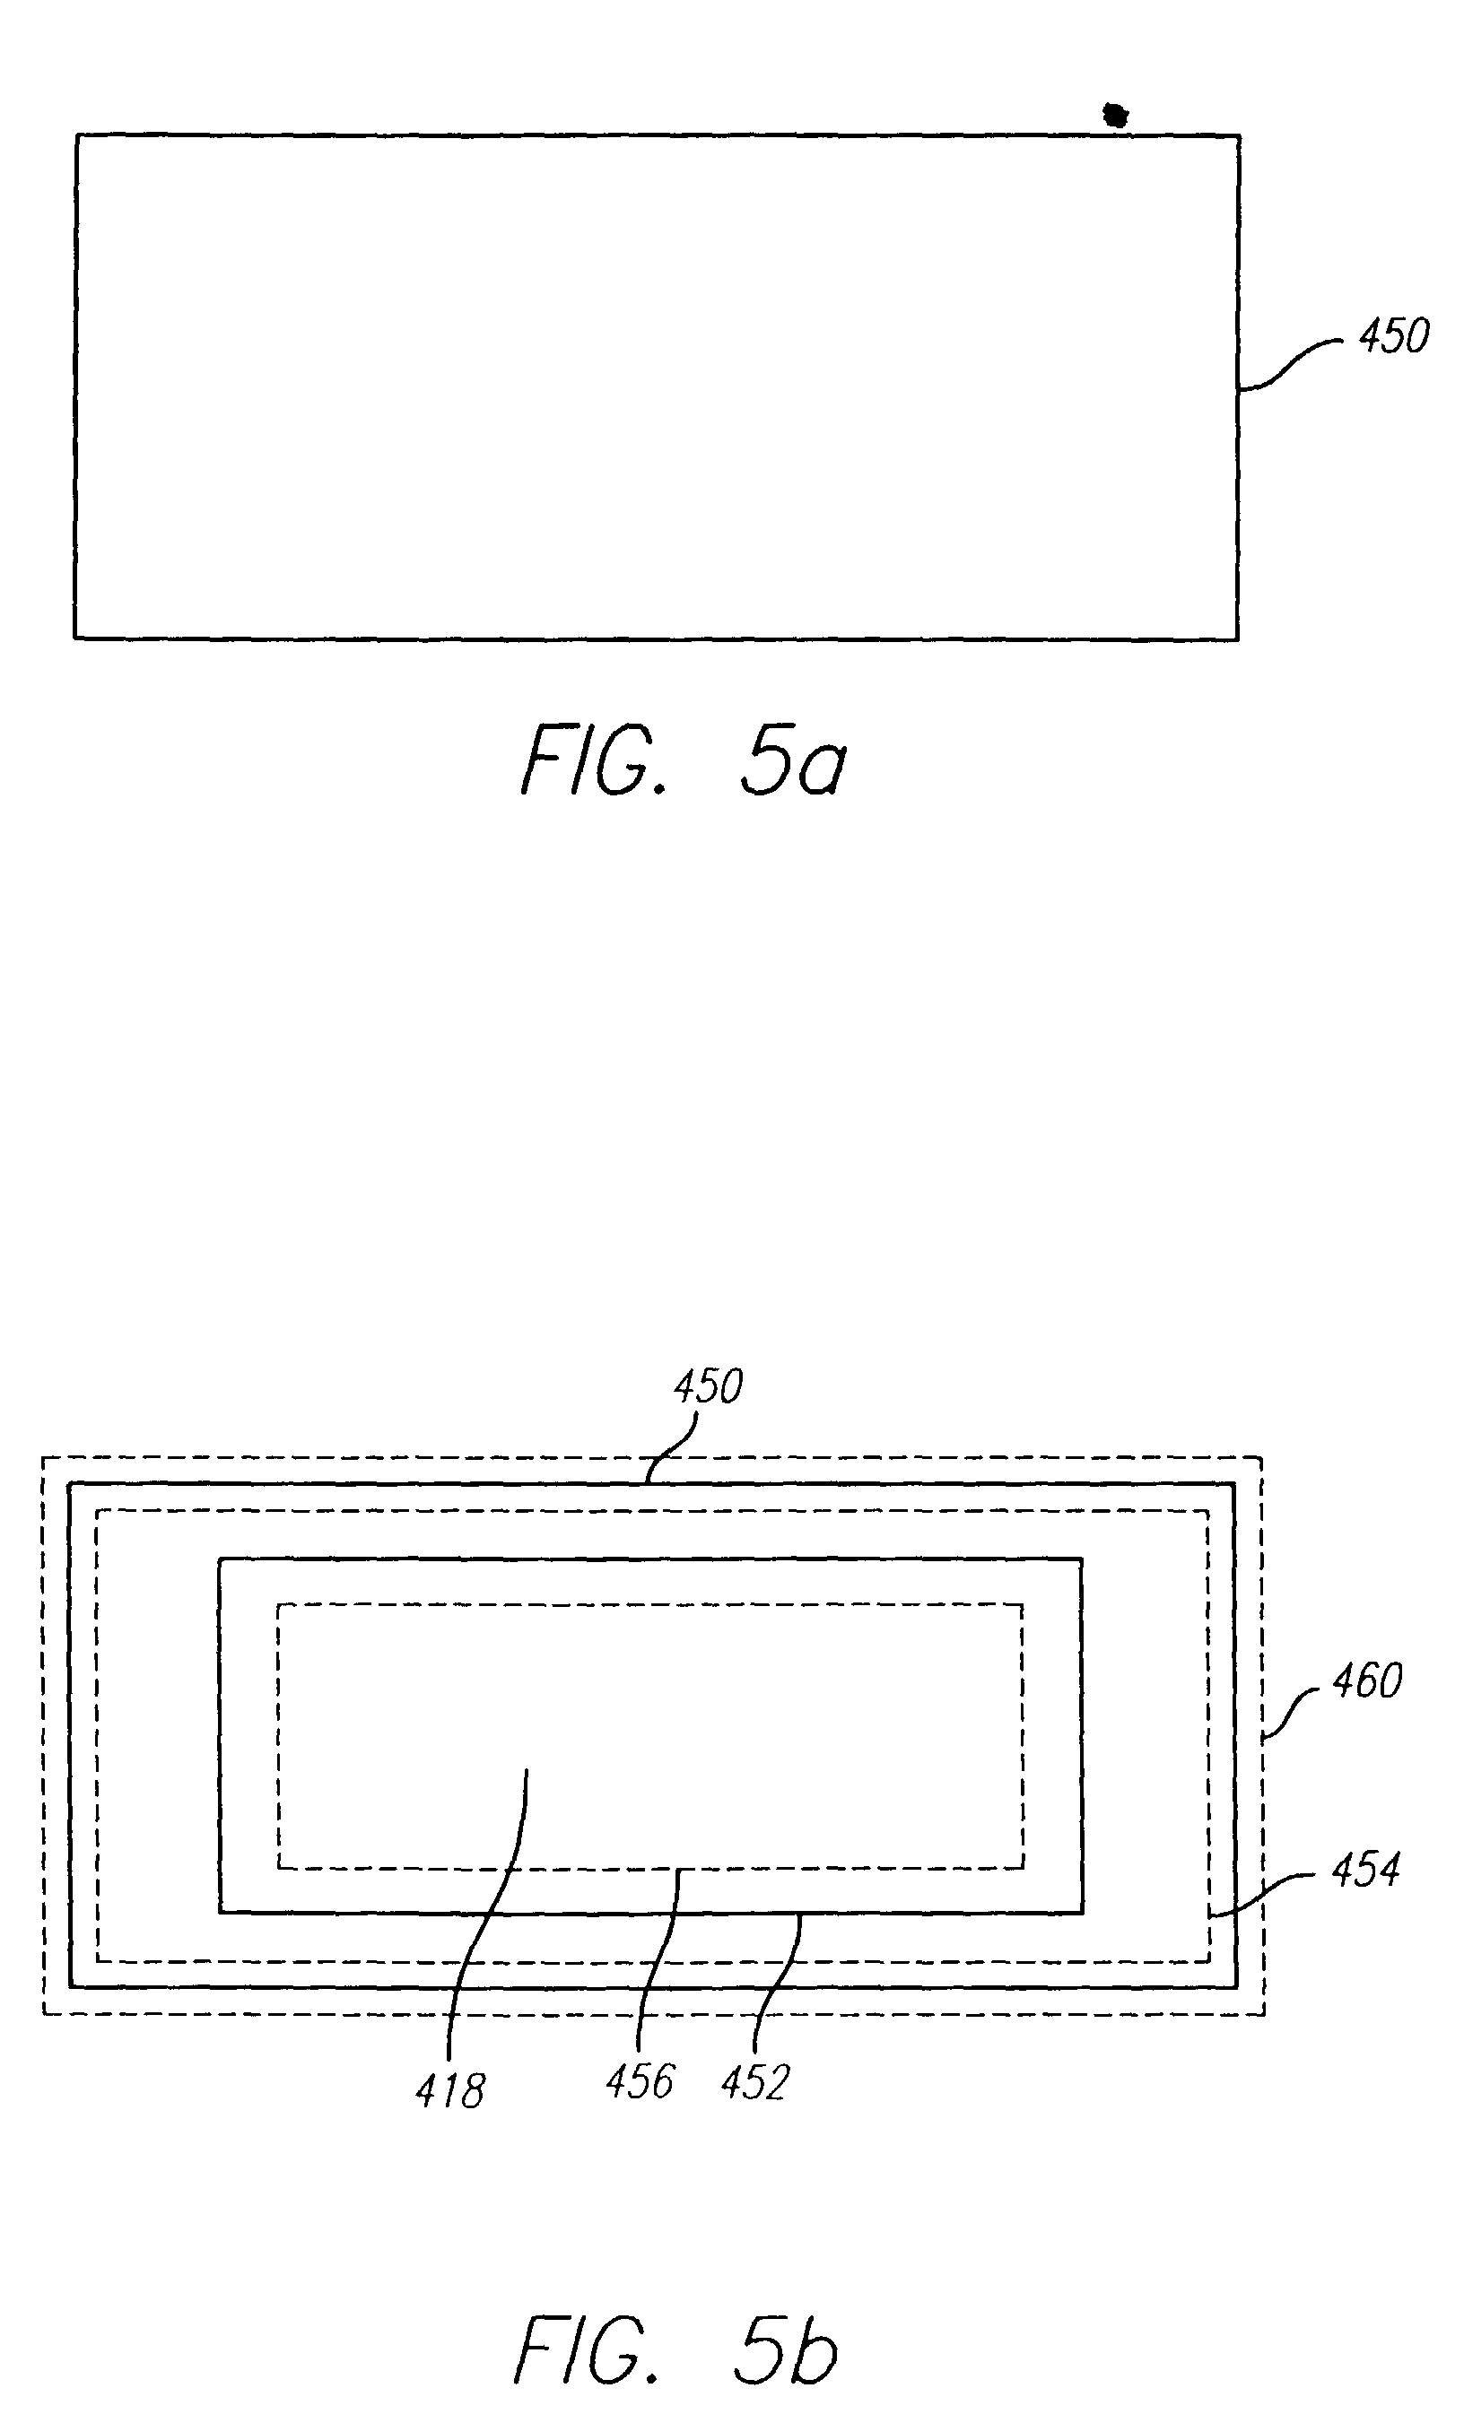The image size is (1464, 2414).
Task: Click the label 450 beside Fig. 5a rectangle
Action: tap(1392, 336)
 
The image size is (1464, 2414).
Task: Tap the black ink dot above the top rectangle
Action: tap(1115, 116)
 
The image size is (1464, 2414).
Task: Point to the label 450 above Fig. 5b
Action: tap(709, 1387)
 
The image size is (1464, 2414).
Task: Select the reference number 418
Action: tap(449, 2093)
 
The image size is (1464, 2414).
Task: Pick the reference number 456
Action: tap(640, 2082)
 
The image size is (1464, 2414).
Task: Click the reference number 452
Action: tap(754, 2083)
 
